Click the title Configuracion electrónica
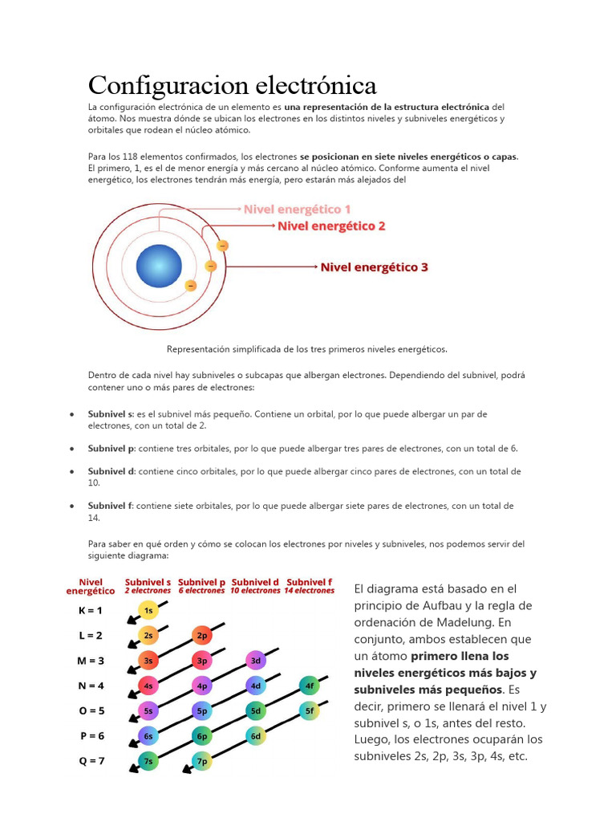point(232,85)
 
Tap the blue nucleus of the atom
point(159,266)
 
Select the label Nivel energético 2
point(331,226)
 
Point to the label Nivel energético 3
point(374,267)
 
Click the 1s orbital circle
point(148,610)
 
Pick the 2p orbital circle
point(202,635)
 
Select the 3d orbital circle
point(256,661)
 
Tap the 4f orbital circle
point(310,686)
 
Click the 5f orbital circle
point(310,710)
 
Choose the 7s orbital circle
point(148,761)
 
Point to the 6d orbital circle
point(256,736)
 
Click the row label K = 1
point(91,610)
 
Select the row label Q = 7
point(91,761)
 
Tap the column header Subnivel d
point(255,582)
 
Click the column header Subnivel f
point(309,582)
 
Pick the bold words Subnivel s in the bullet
point(111,414)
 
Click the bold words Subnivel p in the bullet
point(111,449)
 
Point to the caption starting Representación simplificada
point(307,349)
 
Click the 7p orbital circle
point(202,761)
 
